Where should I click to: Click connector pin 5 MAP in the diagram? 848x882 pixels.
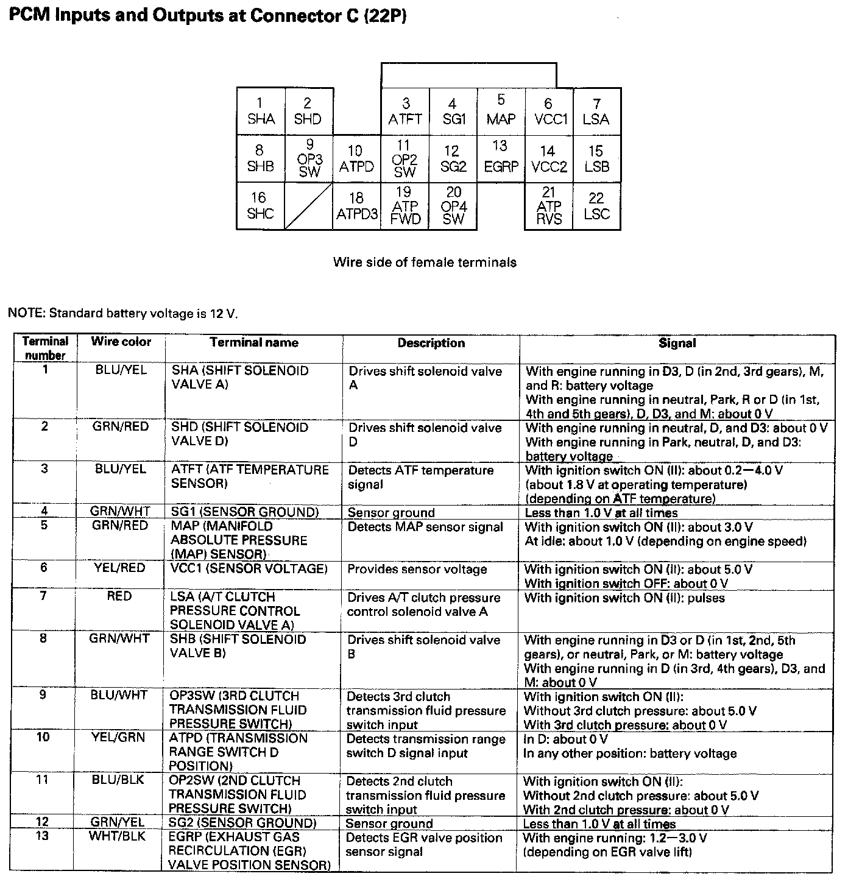pos(501,110)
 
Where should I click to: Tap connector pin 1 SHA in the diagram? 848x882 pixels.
pos(261,111)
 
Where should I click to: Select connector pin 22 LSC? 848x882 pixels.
pos(596,206)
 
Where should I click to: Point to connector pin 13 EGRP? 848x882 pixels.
pos(501,157)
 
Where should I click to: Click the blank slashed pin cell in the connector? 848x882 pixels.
pos(309,206)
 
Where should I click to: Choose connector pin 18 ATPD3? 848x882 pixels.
pos(356,206)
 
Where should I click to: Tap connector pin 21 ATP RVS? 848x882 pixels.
pos(549,206)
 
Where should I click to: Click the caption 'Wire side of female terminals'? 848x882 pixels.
pos(425,263)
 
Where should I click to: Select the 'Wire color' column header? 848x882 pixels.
pos(121,342)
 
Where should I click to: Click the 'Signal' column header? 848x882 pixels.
pos(677,344)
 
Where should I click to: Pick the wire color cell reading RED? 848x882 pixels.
pos(119,596)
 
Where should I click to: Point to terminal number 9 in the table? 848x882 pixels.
pos(43,695)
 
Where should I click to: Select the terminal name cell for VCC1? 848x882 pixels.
pos(249,569)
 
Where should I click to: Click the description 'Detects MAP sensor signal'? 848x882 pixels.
pos(425,527)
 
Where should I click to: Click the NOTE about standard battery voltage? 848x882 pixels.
pos(122,314)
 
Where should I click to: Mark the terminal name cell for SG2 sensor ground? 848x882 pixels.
pos(242,824)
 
